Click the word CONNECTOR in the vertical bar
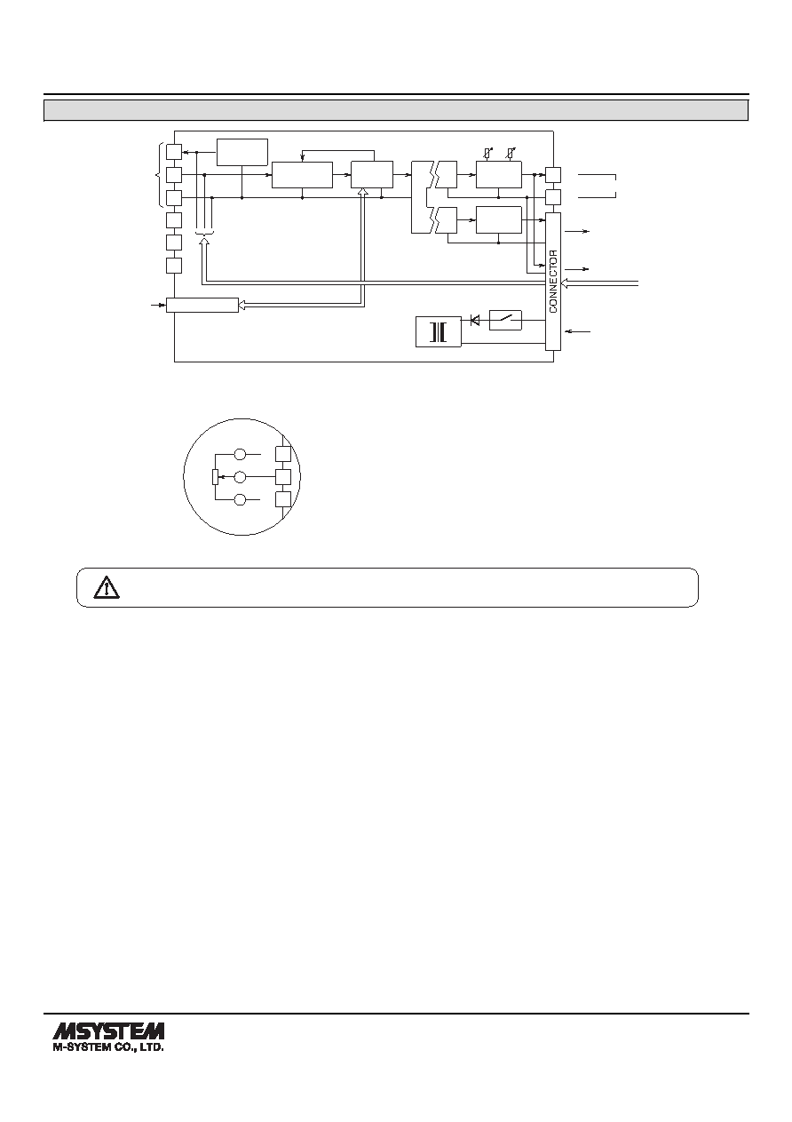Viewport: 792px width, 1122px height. (553, 282)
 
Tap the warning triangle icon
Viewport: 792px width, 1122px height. (107, 587)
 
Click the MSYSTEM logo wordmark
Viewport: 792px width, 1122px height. (108, 1032)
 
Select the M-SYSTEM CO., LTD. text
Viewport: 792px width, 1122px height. (108, 1048)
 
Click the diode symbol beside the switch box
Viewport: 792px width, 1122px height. (475, 320)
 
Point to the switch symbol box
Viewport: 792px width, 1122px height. (505, 320)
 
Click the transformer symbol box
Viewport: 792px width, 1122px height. (439, 331)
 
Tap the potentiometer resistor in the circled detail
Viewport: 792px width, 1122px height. (215, 477)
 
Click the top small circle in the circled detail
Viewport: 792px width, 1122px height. (241, 455)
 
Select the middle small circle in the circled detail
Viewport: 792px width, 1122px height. (241, 477)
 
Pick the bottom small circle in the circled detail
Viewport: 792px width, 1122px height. (241, 499)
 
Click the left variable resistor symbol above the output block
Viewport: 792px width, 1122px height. (487, 153)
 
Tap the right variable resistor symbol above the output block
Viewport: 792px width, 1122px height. (510, 153)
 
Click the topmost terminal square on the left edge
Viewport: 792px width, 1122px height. (174, 152)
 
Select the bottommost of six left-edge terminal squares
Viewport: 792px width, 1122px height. (174, 266)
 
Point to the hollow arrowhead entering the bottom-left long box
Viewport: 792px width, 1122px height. (242, 305)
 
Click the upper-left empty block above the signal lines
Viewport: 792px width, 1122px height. (242, 152)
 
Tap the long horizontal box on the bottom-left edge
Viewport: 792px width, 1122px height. (202, 305)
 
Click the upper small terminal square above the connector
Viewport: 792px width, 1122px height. (553, 175)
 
